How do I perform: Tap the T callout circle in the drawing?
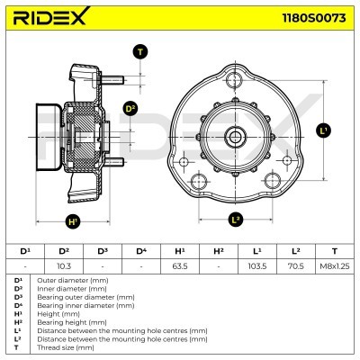coord(140,52)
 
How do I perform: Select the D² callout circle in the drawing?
coord(130,109)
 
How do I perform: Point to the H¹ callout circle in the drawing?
coord(73,221)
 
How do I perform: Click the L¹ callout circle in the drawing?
coord(325,131)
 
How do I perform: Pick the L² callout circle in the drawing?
coord(236,219)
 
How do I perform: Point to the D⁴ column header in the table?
coord(141,250)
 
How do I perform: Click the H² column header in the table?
coord(218,250)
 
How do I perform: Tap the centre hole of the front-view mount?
coord(236,136)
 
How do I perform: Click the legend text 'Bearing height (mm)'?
coord(63,321)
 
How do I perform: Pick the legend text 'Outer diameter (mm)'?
coord(63,280)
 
